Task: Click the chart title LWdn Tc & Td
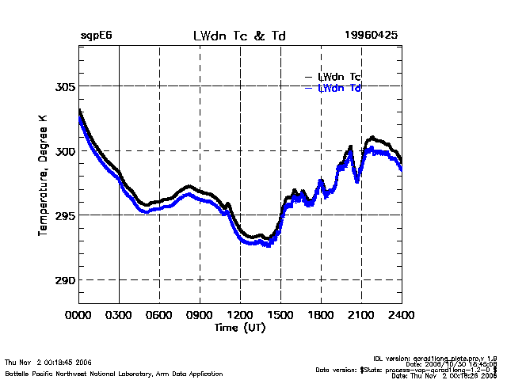pyautogui.click(x=239, y=36)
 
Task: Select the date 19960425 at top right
pyautogui.click(x=371, y=36)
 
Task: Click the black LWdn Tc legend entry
pyautogui.click(x=339, y=77)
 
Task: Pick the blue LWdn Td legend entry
pyautogui.click(x=339, y=88)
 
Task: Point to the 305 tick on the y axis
pyautogui.click(x=63, y=85)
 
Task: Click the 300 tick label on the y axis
pyautogui.click(x=63, y=150)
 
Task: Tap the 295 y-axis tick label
pyautogui.click(x=63, y=215)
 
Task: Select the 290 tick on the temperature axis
pyautogui.click(x=63, y=280)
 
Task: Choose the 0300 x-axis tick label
pyautogui.click(x=120, y=316)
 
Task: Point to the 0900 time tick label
pyautogui.click(x=200, y=316)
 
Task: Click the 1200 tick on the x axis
pyautogui.click(x=241, y=316)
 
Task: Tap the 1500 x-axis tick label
pyautogui.click(x=281, y=316)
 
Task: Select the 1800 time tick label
pyautogui.click(x=322, y=316)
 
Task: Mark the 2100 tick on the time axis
pyautogui.click(x=362, y=316)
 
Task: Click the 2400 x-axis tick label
pyautogui.click(x=402, y=316)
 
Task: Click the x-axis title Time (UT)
pyautogui.click(x=239, y=327)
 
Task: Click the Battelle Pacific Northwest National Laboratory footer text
pyautogui.click(x=114, y=373)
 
